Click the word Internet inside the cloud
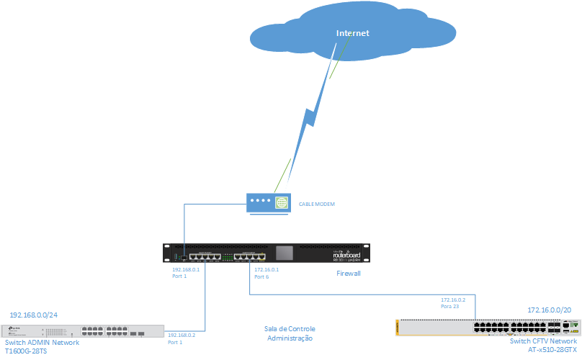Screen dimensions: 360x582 click(352, 34)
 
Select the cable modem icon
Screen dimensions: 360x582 click(268, 203)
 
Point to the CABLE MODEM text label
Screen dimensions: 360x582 click(317, 204)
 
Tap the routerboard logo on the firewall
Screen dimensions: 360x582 click(349, 254)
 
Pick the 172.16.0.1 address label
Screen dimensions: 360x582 click(267, 269)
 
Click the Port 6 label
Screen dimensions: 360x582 click(261, 276)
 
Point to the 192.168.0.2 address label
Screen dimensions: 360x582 click(182, 336)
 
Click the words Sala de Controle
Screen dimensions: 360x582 click(290, 329)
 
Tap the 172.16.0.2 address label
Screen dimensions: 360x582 click(453, 299)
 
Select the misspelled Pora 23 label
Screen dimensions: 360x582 click(449, 306)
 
